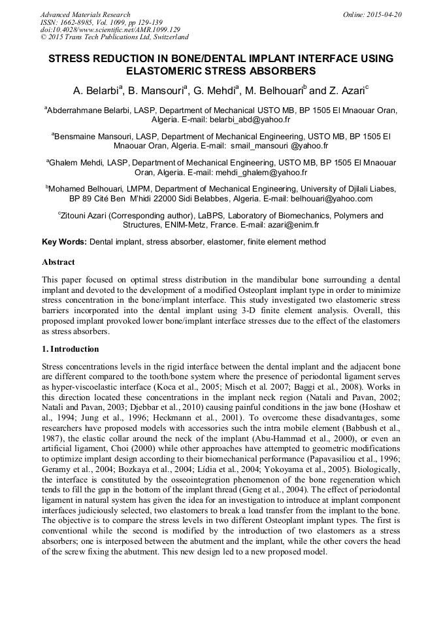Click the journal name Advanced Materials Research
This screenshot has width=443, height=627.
pos(85,14)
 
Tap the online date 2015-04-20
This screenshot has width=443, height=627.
pos(384,14)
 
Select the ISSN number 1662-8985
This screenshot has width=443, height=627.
pos(73,22)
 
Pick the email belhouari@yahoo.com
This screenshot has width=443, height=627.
pos(335,199)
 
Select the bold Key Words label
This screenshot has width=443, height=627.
pos(64,242)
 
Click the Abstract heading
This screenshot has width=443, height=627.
pos(58,262)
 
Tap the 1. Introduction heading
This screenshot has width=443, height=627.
pos(70,349)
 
